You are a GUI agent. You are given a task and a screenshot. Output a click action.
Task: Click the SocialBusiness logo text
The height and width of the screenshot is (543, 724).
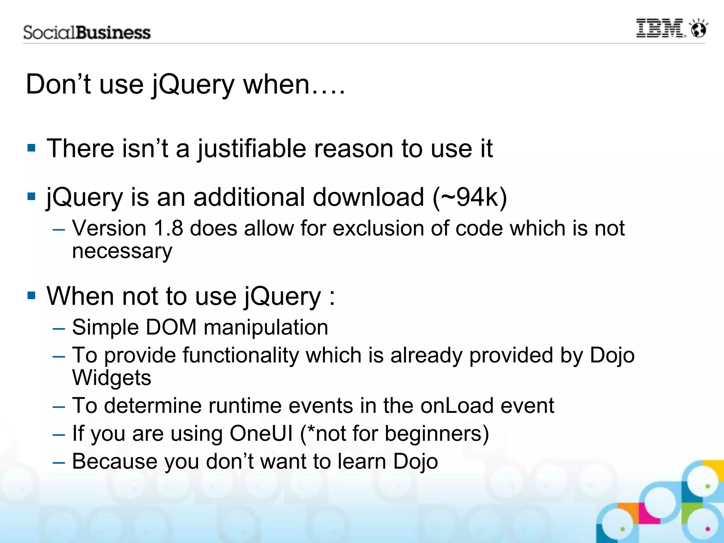point(87,33)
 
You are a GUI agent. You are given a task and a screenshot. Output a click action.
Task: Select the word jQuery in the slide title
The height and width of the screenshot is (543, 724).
point(193,85)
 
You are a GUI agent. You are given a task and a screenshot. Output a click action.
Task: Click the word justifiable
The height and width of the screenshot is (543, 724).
point(251,148)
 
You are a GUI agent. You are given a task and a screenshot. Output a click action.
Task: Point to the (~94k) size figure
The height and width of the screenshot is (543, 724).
point(470,197)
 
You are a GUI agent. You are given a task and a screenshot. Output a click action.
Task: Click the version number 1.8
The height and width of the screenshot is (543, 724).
point(169,228)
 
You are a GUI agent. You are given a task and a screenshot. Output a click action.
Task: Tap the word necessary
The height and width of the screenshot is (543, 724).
point(122,251)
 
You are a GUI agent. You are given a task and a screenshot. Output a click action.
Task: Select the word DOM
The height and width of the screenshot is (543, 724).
point(171,327)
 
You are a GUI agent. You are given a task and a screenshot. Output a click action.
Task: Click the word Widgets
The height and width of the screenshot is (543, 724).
point(112,378)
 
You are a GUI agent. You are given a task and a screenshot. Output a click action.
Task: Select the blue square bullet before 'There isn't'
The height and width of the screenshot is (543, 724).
point(31,147)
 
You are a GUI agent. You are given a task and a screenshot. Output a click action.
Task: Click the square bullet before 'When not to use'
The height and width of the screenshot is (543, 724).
point(31,295)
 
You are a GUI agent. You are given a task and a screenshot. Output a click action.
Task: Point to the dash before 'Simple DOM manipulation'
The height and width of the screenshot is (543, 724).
point(59,328)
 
